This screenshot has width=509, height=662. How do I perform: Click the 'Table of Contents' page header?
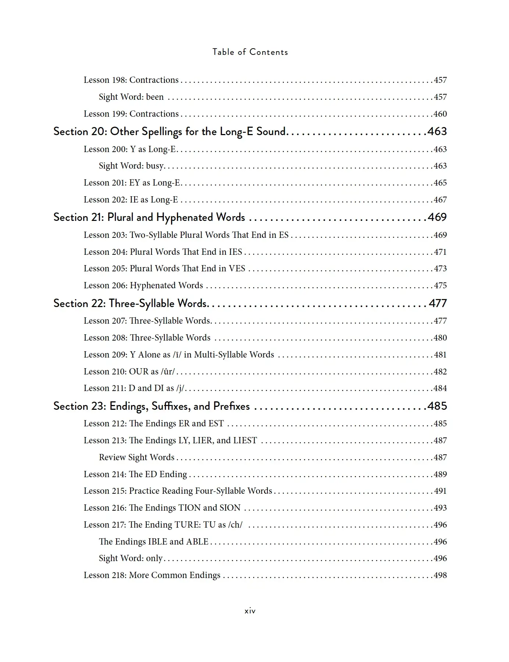[250, 52]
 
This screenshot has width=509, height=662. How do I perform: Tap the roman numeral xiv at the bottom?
[250, 611]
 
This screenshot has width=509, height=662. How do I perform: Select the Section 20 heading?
[170, 131]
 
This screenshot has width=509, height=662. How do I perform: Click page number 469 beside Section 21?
[437, 217]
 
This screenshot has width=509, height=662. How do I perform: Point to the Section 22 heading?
[131, 303]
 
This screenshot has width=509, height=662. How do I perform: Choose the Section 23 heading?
[152, 406]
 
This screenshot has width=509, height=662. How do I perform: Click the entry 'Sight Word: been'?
[131, 97]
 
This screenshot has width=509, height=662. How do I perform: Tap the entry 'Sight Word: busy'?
[131, 166]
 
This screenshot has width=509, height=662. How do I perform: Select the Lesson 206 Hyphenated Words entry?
[143, 285]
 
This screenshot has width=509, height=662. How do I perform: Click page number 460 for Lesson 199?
[440, 114]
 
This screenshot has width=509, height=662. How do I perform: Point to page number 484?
[440, 388]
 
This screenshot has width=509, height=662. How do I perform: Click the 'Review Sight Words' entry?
[136, 457]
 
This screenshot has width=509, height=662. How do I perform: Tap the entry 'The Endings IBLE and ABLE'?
[154, 542]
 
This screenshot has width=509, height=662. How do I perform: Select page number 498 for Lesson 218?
[440, 575]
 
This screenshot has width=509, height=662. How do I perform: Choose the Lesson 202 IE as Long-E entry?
[131, 200]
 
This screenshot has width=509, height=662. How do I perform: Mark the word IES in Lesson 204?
[235, 252]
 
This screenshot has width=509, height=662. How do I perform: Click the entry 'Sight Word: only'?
[131, 558]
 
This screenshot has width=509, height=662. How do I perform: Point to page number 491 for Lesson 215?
[440, 491]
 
